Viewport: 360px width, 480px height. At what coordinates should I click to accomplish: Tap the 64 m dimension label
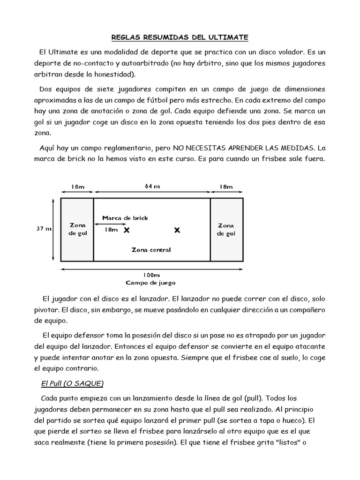tap(152, 186)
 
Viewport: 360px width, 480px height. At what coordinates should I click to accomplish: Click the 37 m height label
tap(44, 229)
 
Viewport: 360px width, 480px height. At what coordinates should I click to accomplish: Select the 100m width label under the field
tap(151, 275)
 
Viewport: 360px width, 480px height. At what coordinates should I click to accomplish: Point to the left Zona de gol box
tap(77, 229)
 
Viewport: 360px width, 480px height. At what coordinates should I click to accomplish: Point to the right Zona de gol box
tap(226, 229)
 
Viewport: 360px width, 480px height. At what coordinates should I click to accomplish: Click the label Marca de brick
tap(125, 218)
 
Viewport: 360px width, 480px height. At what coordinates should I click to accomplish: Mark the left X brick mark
tap(127, 230)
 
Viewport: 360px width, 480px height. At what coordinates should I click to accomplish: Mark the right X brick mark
tap(177, 230)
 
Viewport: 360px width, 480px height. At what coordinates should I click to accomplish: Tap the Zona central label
tap(151, 250)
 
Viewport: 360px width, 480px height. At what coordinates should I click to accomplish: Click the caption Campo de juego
tap(150, 283)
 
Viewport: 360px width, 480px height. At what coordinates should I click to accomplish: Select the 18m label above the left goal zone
tap(78, 187)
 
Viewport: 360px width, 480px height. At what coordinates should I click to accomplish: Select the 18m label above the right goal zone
tap(226, 187)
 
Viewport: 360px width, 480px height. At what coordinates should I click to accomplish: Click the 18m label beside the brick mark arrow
tap(111, 230)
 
